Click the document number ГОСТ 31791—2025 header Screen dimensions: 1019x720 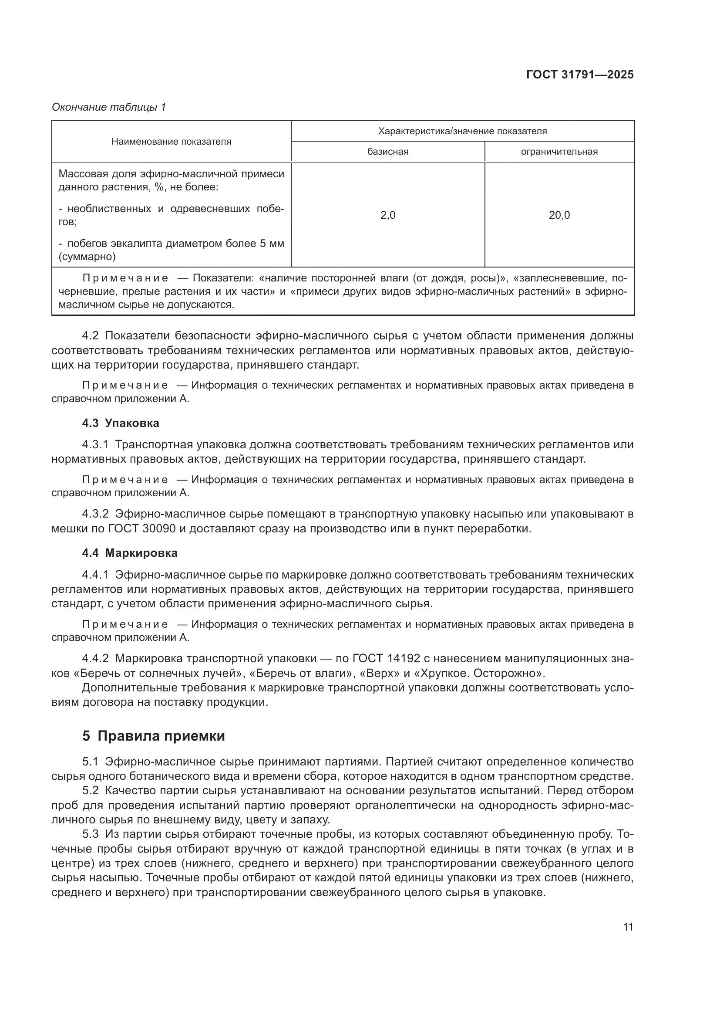click(579, 74)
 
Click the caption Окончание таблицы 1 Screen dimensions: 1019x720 click(109, 107)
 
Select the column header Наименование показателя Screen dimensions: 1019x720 click(171, 142)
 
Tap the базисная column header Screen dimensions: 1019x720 click(387, 152)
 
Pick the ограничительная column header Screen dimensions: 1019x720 click(559, 152)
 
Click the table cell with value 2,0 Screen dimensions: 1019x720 click(387, 215)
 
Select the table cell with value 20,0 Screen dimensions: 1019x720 click(559, 215)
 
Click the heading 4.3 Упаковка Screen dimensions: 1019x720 click(121, 423)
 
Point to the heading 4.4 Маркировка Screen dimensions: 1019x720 click(129, 553)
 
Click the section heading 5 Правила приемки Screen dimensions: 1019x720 click(153, 736)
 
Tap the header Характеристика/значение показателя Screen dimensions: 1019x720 click(462, 132)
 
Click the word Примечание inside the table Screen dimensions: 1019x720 click(125, 279)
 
